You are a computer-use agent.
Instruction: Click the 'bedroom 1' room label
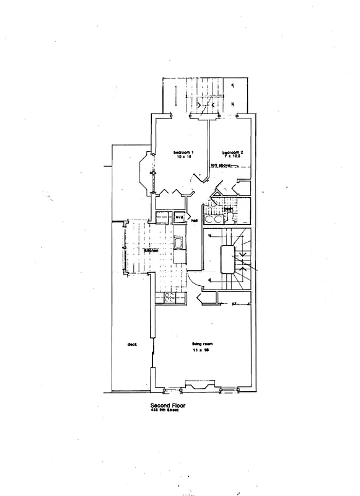tap(183, 153)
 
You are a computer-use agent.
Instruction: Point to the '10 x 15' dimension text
tap(184, 158)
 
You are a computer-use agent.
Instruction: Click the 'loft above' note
tap(221, 166)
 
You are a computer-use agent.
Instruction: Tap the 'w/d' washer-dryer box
tap(179, 218)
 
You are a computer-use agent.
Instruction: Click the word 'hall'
tap(194, 220)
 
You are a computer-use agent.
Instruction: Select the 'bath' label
tap(228, 210)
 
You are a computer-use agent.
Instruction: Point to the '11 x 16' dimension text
tap(200, 350)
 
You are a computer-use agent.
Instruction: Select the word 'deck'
tap(132, 345)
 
